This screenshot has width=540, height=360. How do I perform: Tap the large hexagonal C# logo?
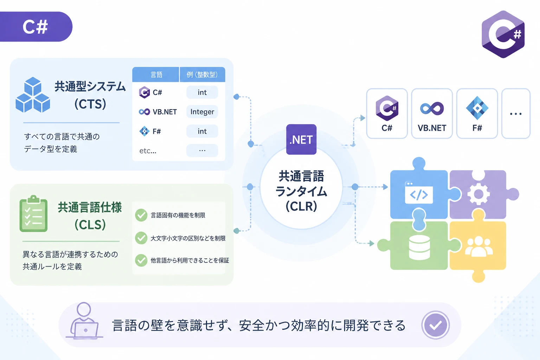tap(503, 34)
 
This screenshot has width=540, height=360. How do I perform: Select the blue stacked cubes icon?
tap(33, 95)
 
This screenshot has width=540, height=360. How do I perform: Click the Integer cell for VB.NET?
tap(202, 112)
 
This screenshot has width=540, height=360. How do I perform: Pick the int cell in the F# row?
tap(202, 131)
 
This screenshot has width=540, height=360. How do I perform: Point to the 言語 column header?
tap(156, 75)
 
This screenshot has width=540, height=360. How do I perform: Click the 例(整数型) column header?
tap(202, 75)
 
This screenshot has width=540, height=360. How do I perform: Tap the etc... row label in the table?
tap(148, 151)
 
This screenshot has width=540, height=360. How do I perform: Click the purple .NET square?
tap(301, 139)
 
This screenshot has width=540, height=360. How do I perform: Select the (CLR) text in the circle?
tap(301, 206)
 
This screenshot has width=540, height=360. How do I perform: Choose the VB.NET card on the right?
tap(432, 114)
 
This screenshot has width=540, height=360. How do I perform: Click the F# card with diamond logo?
tap(477, 114)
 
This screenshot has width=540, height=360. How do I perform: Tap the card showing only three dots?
tap(516, 114)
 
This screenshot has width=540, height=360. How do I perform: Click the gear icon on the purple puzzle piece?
tap(478, 194)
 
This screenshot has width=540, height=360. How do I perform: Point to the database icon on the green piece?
tap(419, 247)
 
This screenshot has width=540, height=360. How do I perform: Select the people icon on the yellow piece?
tap(479, 246)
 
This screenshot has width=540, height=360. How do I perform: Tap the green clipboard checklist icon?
tap(33, 214)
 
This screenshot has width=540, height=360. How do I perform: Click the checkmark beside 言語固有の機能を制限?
tap(141, 215)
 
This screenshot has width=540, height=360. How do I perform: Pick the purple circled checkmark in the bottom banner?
tap(435, 325)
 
